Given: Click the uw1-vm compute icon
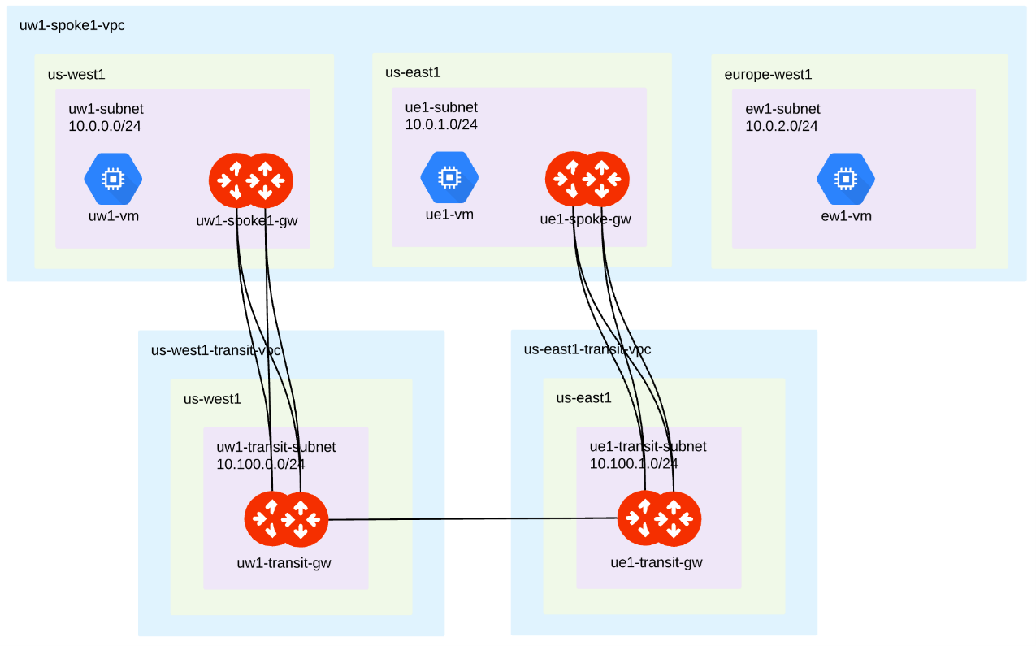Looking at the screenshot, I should [x=113, y=179].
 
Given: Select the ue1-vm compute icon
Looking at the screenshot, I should [x=449, y=178].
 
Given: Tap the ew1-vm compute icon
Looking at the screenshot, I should [x=846, y=179].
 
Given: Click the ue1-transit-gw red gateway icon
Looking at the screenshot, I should [x=659, y=519].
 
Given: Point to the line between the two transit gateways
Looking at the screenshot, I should [x=471, y=519].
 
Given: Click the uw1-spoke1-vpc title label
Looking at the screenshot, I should [x=72, y=25].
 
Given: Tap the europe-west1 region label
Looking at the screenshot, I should [x=768, y=75].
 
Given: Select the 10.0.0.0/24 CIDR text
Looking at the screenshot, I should [x=105, y=126].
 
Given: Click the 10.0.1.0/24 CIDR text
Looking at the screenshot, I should [x=441, y=124].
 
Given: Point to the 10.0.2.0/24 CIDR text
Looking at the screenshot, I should [x=782, y=126].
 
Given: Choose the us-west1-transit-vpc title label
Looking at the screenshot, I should [x=216, y=351].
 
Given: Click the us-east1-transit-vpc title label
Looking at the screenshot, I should [x=587, y=349].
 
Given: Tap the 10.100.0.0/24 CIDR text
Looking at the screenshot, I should [x=261, y=465].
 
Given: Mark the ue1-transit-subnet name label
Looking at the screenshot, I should [x=648, y=446].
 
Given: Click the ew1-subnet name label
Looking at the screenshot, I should [x=782, y=109].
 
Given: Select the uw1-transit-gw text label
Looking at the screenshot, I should [x=284, y=562].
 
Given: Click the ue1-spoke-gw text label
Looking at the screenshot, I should [x=585, y=219].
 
